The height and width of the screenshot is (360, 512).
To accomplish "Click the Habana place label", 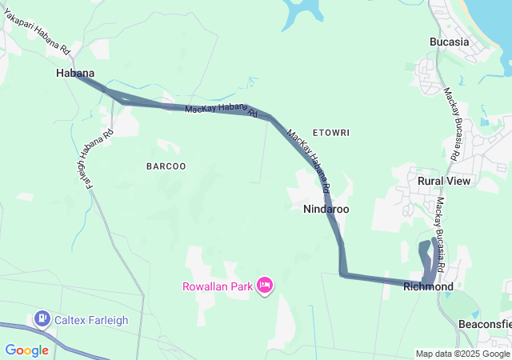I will point(75,74).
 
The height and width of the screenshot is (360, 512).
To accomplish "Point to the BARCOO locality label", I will point(166,166).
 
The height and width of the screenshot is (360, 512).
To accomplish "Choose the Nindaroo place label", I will point(326,209).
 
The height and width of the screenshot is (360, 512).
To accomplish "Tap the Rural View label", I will point(444,181).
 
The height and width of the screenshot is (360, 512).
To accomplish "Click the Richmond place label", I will point(428,286).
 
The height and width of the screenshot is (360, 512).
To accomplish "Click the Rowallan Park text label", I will point(217,286).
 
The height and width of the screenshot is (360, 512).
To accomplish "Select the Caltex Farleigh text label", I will point(91,320).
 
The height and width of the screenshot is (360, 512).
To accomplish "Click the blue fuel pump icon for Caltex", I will point(42,319).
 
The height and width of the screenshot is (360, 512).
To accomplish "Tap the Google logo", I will point(27,350).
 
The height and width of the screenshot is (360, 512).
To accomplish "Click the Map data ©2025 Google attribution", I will point(462,354).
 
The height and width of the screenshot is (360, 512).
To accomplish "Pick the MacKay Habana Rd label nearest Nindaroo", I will point(309,163).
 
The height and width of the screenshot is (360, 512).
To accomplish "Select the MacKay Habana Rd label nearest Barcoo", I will point(221,112).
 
